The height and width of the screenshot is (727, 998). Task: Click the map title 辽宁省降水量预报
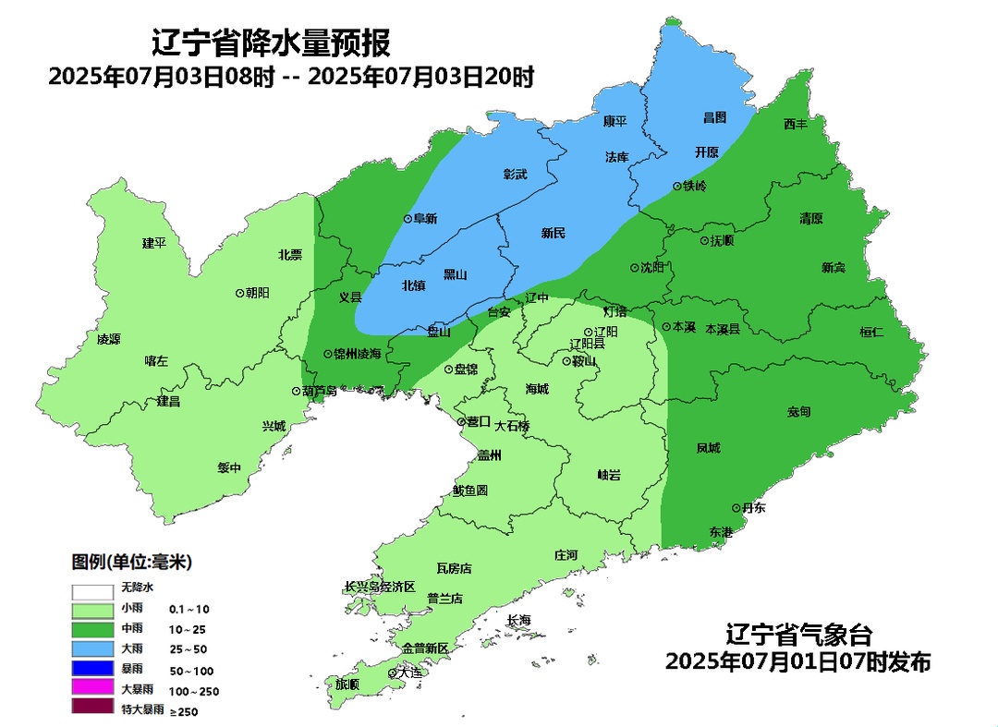pyautogui.click(x=270, y=43)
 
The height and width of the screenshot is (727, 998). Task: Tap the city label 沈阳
pyautogui.click(x=652, y=268)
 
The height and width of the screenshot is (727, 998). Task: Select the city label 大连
pyautogui.click(x=409, y=672)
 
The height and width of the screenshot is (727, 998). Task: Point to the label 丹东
pyautogui.click(x=754, y=508)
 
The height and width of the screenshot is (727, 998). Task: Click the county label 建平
pyautogui.click(x=153, y=243)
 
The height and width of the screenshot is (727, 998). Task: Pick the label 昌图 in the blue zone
pyautogui.click(x=714, y=117)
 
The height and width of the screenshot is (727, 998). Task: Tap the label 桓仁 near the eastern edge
pyautogui.click(x=871, y=332)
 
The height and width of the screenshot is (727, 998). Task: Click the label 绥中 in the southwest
pyautogui.click(x=229, y=467)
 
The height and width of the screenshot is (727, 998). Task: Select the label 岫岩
pyautogui.click(x=608, y=475)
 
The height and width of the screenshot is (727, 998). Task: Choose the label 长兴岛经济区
pyautogui.click(x=380, y=587)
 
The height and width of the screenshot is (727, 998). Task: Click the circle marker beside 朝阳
pyautogui.click(x=240, y=292)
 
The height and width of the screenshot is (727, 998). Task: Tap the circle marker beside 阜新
pyautogui.click(x=408, y=219)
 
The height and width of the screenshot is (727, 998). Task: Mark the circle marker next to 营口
pyautogui.click(x=461, y=422)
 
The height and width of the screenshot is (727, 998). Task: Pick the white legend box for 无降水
pyautogui.click(x=91, y=589)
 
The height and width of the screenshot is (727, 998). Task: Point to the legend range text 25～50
pyautogui.click(x=189, y=649)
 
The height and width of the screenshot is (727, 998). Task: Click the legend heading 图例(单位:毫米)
pyautogui.click(x=132, y=562)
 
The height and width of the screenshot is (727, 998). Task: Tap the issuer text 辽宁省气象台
pyautogui.click(x=798, y=636)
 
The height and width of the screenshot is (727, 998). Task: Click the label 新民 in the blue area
pyautogui.click(x=553, y=233)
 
